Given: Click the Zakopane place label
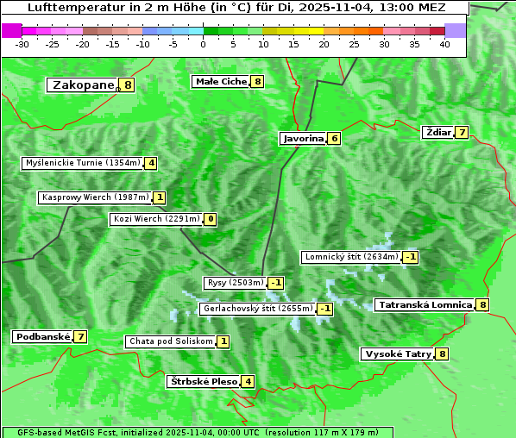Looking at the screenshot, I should (x=83, y=84).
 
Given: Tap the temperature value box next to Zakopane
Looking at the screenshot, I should (x=128, y=84).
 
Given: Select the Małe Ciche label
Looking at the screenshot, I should (x=221, y=81).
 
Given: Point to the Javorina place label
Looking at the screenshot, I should (x=303, y=138).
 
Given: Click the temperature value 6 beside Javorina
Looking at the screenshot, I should (x=334, y=138).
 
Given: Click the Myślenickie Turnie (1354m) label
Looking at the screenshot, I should (x=83, y=162).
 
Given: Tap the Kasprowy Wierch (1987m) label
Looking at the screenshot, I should (x=95, y=197).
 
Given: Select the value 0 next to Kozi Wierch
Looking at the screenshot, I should (x=210, y=219).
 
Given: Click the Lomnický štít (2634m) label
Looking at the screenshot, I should (x=351, y=256).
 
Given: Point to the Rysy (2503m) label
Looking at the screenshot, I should (x=234, y=283).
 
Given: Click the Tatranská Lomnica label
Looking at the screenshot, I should (x=425, y=304).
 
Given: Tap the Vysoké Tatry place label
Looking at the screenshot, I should (x=398, y=354).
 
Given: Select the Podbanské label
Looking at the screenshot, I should (x=41, y=336).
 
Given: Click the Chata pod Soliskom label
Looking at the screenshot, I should (x=170, y=341).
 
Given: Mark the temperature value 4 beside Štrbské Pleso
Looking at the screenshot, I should (x=248, y=381).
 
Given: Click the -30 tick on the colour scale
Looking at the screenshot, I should (x=22, y=44).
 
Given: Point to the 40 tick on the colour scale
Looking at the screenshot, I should (x=444, y=44).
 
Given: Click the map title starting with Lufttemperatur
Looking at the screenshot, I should (x=236, y=7).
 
